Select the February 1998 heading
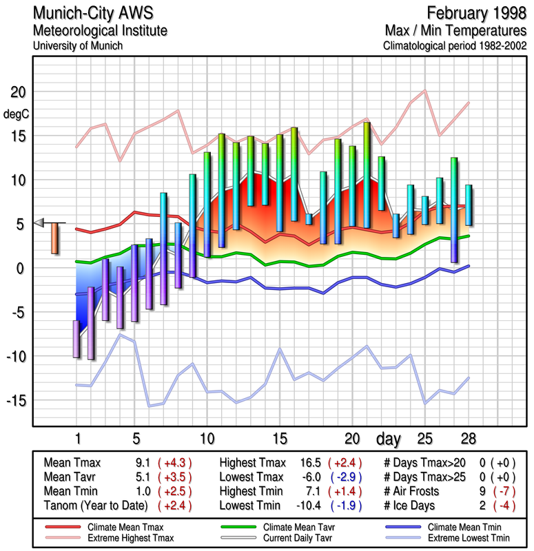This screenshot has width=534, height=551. click(475, 13)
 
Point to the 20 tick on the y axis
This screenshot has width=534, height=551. click(17, 92)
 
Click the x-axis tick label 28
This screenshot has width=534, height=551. click(469, 438)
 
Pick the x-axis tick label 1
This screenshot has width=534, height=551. click(77, 438)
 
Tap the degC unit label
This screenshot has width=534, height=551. click(17, 114)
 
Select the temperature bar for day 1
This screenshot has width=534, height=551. click(76, 339)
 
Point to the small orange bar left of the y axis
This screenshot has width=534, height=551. click(54, 238)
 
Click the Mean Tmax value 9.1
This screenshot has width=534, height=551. click(144, 463)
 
